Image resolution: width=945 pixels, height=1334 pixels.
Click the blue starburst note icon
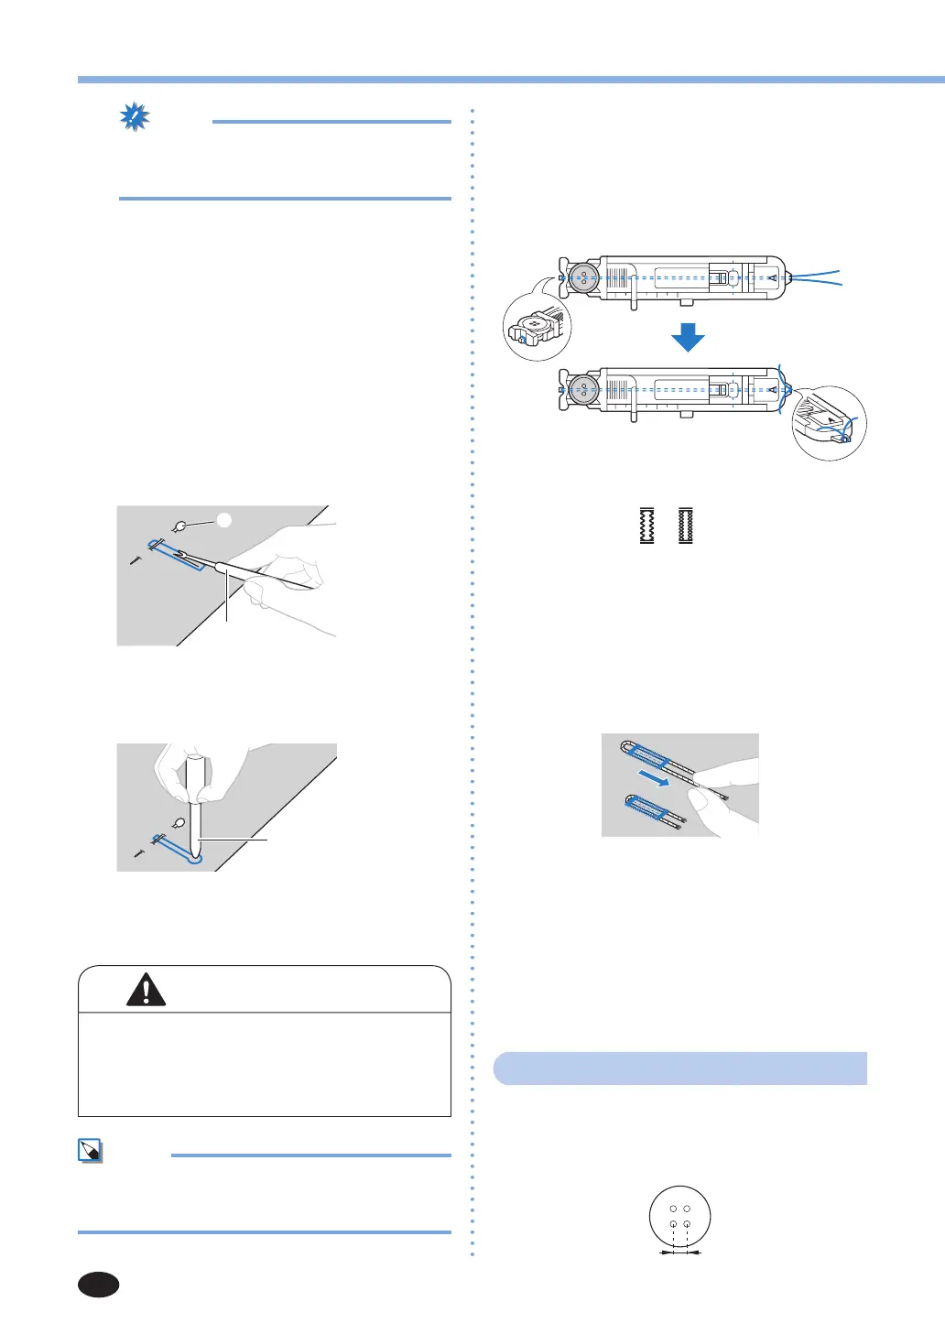135,118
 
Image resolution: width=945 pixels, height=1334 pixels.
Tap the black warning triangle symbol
147,989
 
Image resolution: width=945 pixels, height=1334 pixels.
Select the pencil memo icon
90,1151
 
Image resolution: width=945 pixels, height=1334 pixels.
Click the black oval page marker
98,1285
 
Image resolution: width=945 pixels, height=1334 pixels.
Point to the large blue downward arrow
687,338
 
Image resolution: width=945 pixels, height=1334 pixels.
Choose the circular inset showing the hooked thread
829,423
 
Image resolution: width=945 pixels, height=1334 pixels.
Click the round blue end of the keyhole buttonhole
194,858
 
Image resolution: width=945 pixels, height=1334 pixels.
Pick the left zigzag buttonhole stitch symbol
646,526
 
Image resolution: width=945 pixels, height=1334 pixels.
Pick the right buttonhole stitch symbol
686,526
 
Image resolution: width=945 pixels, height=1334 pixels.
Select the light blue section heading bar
679,1068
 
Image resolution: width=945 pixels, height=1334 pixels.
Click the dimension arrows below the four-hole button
679,1252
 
